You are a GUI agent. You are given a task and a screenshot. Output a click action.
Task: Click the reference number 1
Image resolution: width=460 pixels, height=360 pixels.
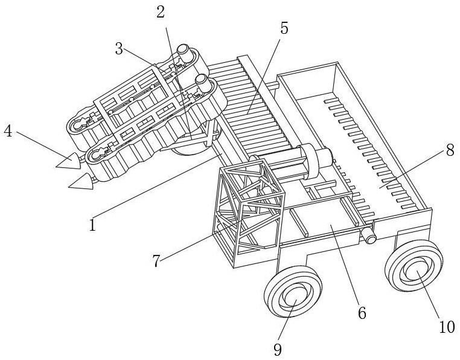coord(92,225)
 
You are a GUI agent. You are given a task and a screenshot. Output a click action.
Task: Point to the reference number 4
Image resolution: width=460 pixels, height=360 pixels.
coord(8,131)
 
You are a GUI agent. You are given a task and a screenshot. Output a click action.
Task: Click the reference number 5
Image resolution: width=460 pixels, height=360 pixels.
coord(284,28)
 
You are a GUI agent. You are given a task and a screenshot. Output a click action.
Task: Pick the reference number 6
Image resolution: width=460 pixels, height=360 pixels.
coord(362,313)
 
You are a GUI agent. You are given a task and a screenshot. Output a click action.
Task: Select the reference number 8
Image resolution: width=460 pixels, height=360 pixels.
coord(450,150)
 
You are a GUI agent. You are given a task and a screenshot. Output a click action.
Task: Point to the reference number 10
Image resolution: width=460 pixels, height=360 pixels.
coord(446,327)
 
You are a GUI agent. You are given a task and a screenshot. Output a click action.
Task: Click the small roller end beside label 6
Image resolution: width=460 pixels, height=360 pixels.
coord(369,237)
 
